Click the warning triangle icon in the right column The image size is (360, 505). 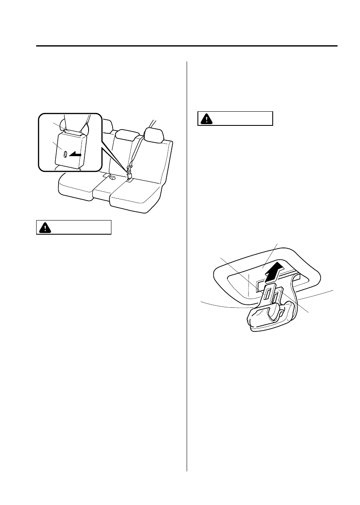coord(205,119)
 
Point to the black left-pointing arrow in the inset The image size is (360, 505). coord(76,154)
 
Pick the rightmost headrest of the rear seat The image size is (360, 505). coord(154,134)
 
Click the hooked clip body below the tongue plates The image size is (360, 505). coord(270,318)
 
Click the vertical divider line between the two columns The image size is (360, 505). coord(187,266)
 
